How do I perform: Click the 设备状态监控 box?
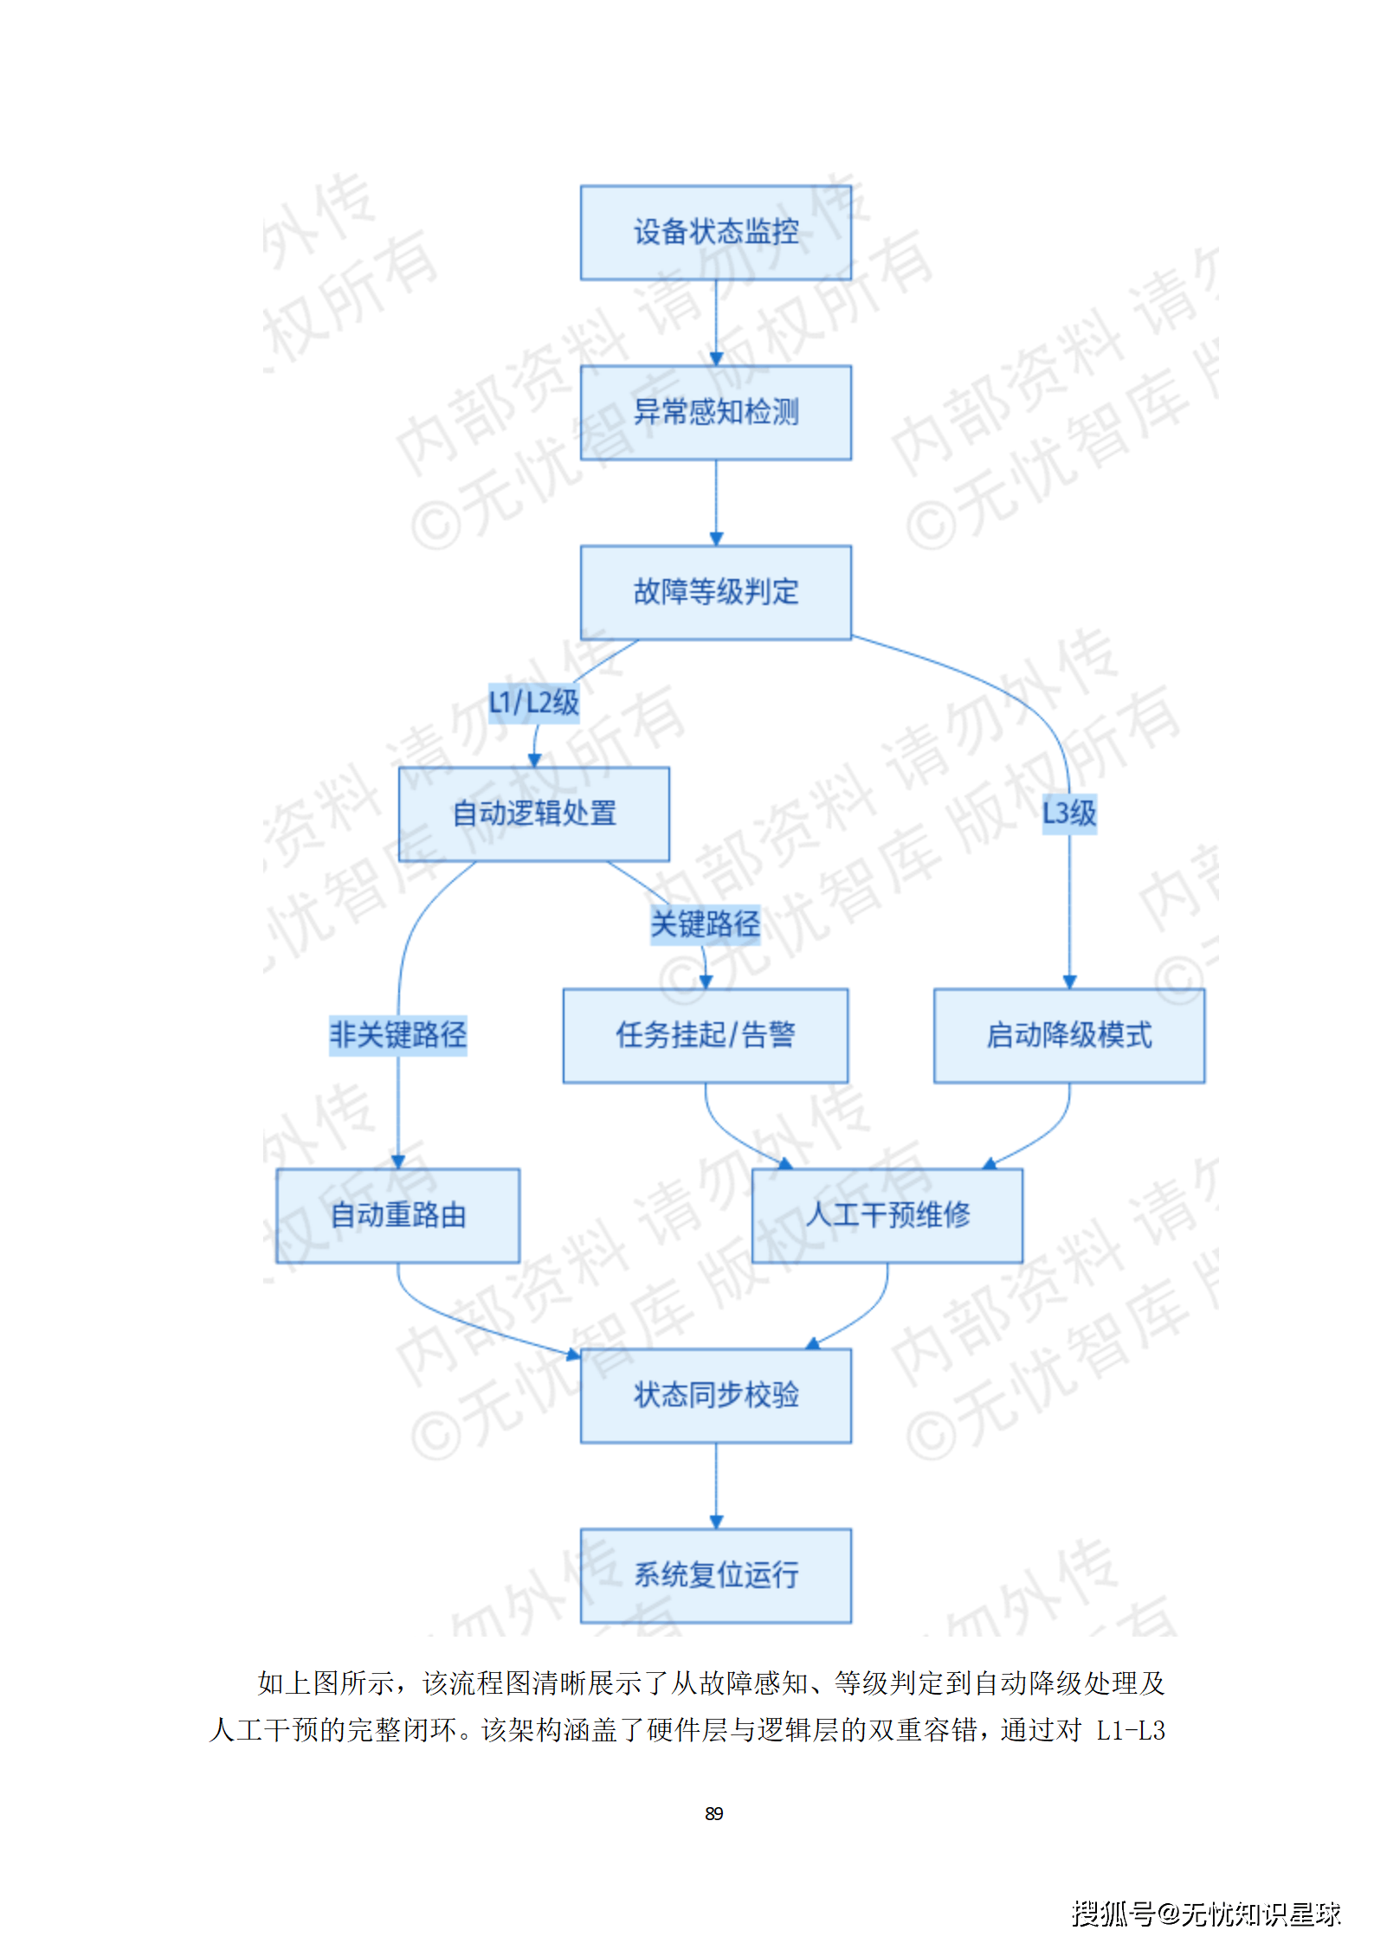tap(715, 232)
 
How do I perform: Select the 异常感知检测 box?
tap(715, 412)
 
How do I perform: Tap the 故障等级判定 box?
tap(715, 592)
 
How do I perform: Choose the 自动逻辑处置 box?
tap(533, 814)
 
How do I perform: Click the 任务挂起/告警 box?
tap(705, 1035)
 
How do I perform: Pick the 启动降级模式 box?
tap(1068, 1035)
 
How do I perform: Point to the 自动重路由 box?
tap(397, 1215)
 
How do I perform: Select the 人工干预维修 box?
tap(887, 1215)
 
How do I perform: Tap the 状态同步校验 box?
tap(715, 1395)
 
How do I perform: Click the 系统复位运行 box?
tap(715, 1575)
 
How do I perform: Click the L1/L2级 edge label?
tap(533, 702)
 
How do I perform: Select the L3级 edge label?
tap(1068, 813)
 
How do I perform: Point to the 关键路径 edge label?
tap(705, 923)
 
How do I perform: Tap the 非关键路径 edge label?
tap(397, 1034)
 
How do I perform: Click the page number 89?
tap(713, 1813)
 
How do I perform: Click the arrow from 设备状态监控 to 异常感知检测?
tap(716, 322)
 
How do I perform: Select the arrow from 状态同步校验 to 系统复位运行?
tap(716, 1485)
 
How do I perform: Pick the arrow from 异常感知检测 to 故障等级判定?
tap(716, 502)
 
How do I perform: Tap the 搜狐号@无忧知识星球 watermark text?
tap(1205, 1913)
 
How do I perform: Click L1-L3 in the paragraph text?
tap(1130, 1730)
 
